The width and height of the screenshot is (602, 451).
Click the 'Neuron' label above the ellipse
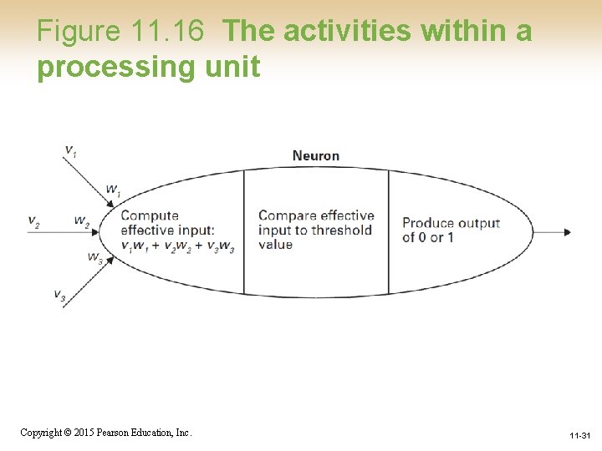315,155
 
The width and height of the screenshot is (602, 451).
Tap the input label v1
70,150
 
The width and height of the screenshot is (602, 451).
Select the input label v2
33,222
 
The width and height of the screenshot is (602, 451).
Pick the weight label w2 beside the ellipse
81,221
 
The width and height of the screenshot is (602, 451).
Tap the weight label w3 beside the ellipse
94,257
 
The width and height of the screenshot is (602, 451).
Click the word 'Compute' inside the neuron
150,215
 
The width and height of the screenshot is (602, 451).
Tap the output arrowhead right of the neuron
567,231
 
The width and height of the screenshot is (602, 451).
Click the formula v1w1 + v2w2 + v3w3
177,246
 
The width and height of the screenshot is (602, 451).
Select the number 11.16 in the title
167,32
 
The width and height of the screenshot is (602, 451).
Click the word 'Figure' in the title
79,32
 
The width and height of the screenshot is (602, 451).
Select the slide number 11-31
579,436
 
